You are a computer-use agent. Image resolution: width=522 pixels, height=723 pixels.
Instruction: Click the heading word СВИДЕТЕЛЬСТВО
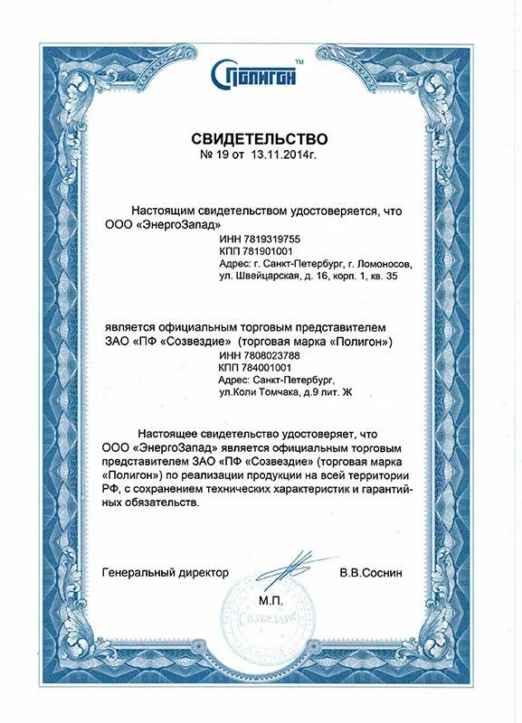pos(259,139)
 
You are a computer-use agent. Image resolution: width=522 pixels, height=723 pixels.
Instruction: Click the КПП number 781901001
pos(269,251)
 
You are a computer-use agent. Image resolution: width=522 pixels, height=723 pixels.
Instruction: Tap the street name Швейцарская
pos(266,277)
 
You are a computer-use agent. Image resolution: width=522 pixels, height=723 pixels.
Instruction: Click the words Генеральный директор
pos(166,573)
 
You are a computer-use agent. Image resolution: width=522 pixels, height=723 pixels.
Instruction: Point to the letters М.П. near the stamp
pos(270,600)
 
